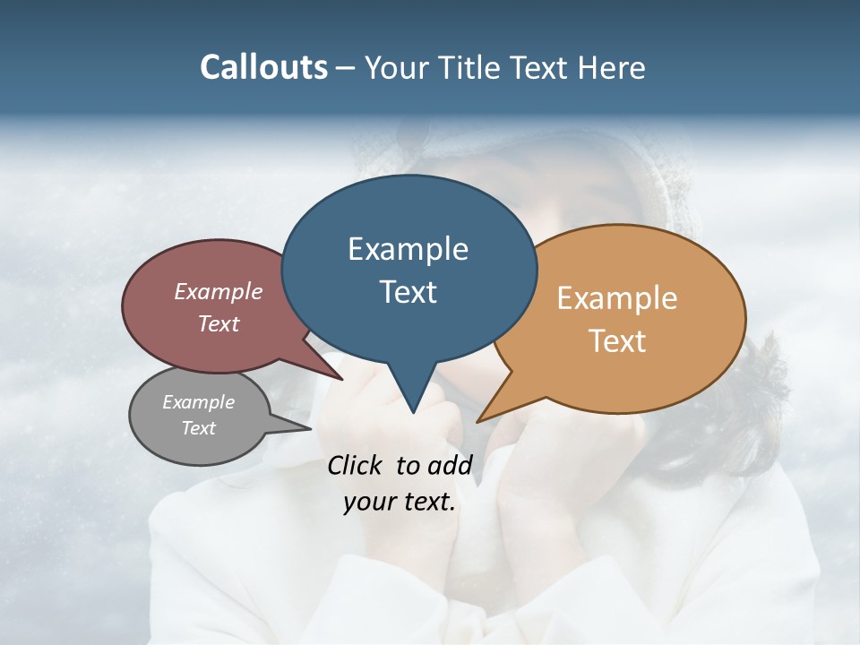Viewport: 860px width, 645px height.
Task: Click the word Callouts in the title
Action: click(264, 67)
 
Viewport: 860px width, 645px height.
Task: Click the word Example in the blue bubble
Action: click(408, 249)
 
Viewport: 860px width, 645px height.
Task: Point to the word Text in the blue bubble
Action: click(408, 291)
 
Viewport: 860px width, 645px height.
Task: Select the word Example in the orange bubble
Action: click(617, 298)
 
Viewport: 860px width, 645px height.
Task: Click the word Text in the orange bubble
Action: click(618, 340)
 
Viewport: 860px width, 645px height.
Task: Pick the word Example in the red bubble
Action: click(219, 291)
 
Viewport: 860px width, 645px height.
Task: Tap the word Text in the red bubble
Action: click(219, 323)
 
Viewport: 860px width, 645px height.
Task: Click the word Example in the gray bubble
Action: click(199, 402)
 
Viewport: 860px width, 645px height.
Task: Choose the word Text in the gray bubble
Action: click(199, 428)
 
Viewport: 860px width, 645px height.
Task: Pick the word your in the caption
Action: click(368, 502)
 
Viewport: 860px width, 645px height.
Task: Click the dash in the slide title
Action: click(347, 68)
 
